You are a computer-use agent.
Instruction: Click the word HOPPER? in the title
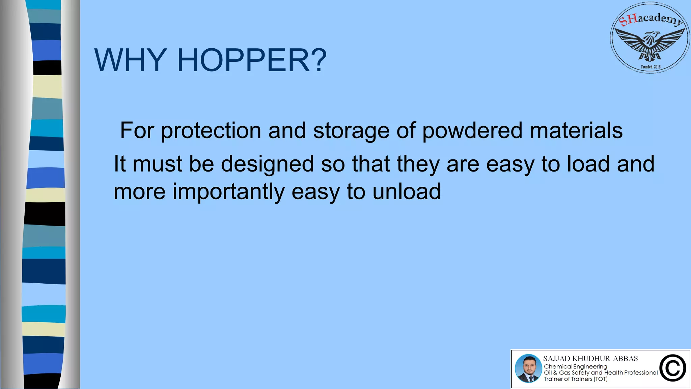click(x=252, y=60)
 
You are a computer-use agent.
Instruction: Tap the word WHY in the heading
click(x=131, y=60)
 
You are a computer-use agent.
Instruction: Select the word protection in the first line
click(x=211, y=131)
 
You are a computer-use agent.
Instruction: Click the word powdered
click(x=472, y=131)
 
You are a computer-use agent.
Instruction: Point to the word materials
click(x=576, y=131)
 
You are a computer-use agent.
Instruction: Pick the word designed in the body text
click(x=267, y=164)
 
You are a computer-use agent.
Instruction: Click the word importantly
click(x=228, y=191)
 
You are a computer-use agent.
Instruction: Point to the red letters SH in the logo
click(x=629, y=20)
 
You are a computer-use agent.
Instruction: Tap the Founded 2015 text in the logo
click(x=651, y=67)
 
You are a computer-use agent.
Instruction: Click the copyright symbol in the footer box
click(x=672, y=368)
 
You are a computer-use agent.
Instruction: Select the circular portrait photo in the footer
click(x=528, y=368)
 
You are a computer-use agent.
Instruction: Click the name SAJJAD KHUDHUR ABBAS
click(x=590, y=359)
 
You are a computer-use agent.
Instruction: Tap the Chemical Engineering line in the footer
click(x=575, y=366)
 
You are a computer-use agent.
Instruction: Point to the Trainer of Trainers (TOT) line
click(x=575, y=379)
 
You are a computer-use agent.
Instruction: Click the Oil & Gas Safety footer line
click(x=601, y=373)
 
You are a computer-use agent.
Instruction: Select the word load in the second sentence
click(x=588, y=164)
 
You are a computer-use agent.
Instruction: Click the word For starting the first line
click(x=137, y=131)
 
